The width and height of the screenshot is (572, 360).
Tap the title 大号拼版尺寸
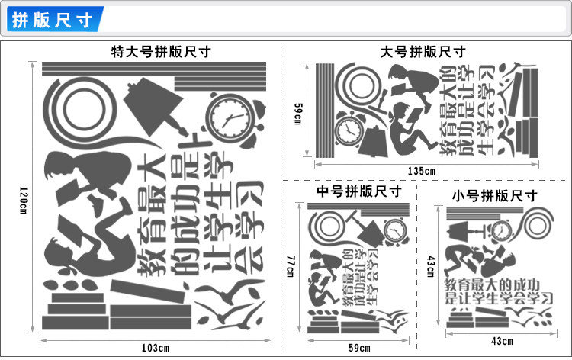(x=423, y=52)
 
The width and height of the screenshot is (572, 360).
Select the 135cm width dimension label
(x=422, y=170)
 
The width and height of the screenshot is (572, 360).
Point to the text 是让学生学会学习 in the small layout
(x=500, y=300)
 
